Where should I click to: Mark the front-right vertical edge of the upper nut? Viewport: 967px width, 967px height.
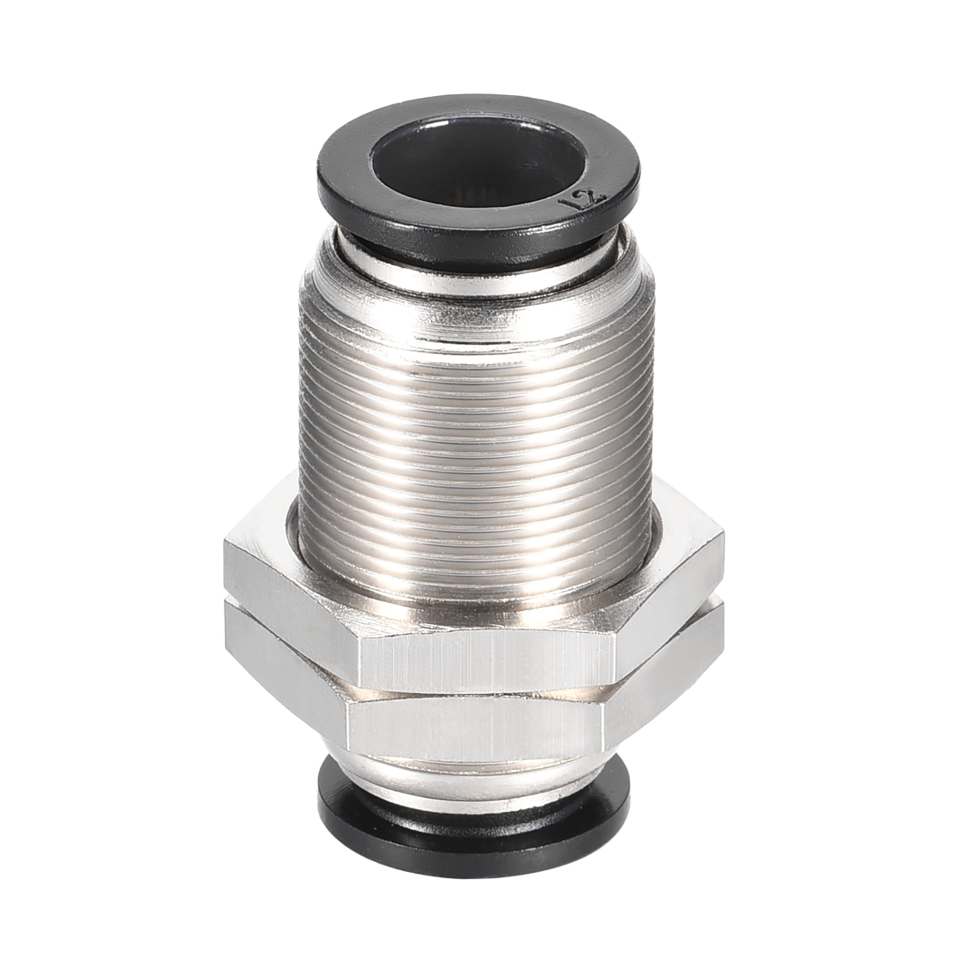tap(615, 660)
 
